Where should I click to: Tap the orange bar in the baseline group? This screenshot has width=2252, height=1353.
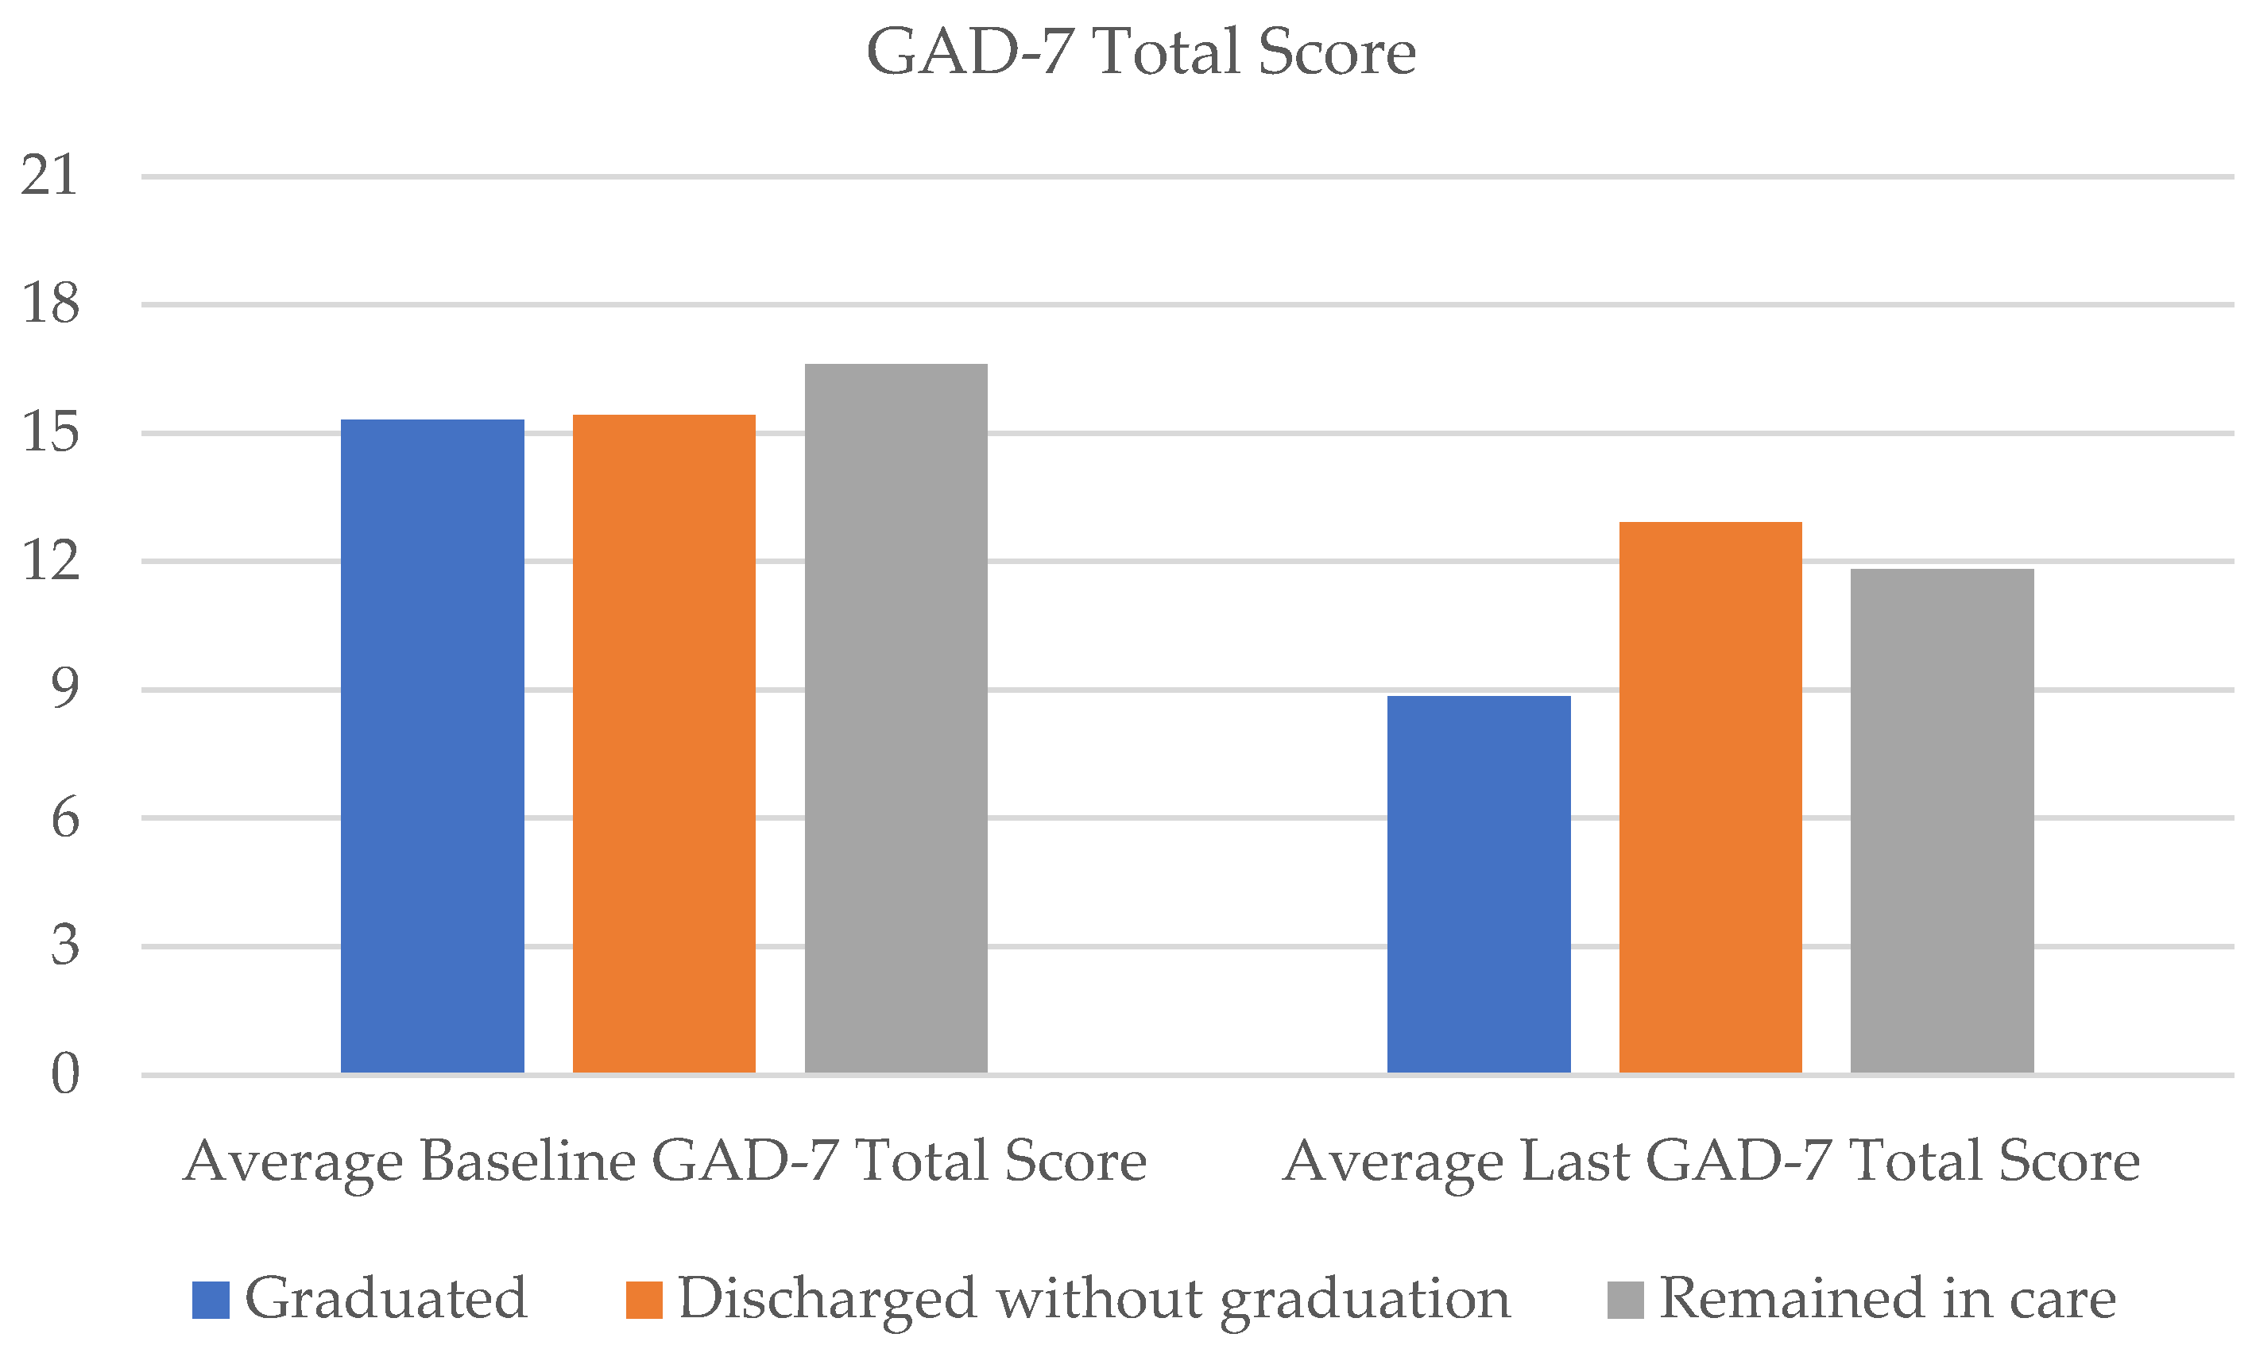coord(664,743)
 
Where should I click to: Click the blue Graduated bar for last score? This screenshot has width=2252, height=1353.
coord(1478,883)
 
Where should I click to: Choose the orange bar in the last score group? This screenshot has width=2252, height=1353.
coord(1709,797)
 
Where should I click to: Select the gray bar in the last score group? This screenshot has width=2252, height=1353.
coord(1942,821)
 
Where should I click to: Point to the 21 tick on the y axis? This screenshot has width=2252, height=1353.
coord(50,175)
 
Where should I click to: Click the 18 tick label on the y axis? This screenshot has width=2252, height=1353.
coord(50,303)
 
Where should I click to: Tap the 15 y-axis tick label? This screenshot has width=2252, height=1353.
coord(50,432)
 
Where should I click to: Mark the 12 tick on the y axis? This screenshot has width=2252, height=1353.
coord(50,560)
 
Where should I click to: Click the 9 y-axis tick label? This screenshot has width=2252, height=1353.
coord(64,688)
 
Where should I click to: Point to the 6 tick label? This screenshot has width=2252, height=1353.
coord(64,818)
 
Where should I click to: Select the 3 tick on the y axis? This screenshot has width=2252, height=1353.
coord(64,945)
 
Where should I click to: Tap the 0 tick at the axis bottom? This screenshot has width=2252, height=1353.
coord(64,1074)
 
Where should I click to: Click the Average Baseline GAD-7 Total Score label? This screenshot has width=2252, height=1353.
coord(664,1162)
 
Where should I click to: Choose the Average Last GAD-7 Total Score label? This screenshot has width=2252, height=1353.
coord(1710,1162)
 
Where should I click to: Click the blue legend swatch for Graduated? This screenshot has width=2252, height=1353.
coord(210,1300)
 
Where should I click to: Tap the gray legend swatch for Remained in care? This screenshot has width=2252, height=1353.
coord(1625,1300)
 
